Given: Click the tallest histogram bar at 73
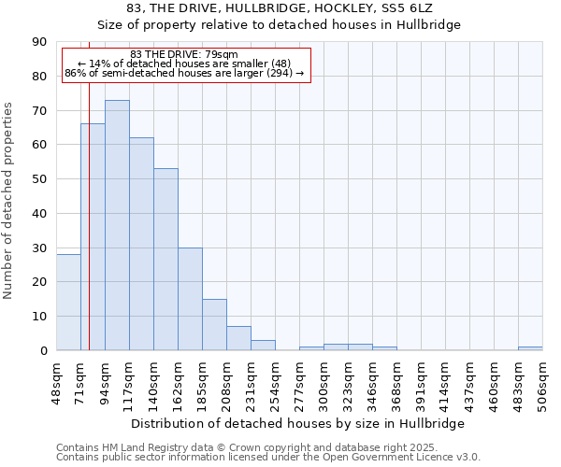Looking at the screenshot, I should (x=117, y=225).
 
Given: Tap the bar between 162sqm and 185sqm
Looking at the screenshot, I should (x=190, y=299).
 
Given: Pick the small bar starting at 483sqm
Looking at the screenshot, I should (x=530, y=348).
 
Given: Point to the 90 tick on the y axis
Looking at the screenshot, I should (x=40, y=42).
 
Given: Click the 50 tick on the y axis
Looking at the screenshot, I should (x=40, y=179).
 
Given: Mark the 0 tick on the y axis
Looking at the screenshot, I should (x=44, y=351).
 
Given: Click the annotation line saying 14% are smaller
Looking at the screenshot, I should (x=185, y=63).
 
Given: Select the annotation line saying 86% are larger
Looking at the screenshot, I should (x=185, y=72).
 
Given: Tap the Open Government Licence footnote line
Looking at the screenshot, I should (x=268, y=457).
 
